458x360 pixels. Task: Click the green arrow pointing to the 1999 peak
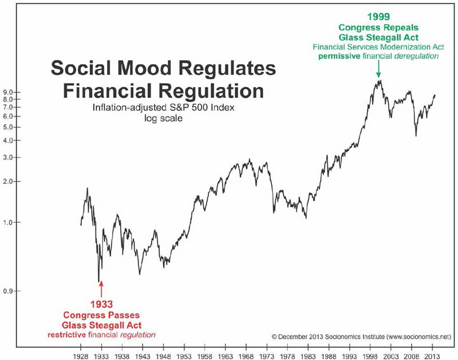(x=378, y=69)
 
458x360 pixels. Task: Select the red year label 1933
(x=100, y=304)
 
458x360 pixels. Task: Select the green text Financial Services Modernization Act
(x=378, y=46)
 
